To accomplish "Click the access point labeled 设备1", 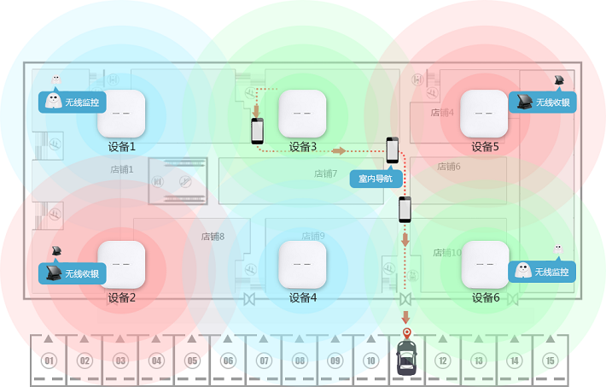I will click(121, 113).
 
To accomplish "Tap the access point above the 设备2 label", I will click(121, 264).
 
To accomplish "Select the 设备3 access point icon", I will click(302, 113).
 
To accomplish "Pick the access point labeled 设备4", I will click(302, 264).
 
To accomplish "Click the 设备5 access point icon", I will click(484, 113).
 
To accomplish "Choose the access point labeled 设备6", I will click(484, 264).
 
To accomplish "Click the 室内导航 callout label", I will click(376, 179).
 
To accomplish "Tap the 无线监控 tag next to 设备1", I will click(75, 101).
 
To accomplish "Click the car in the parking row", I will click(406, 360).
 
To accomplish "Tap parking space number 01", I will click(49, 361).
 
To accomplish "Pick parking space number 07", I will click(264, 361).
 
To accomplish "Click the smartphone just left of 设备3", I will click(258, 131).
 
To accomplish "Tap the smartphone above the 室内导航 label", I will click(393, 150).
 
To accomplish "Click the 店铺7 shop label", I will click(325, 173).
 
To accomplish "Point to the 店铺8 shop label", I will click(213, 237).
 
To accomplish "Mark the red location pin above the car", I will click(406, 332).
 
